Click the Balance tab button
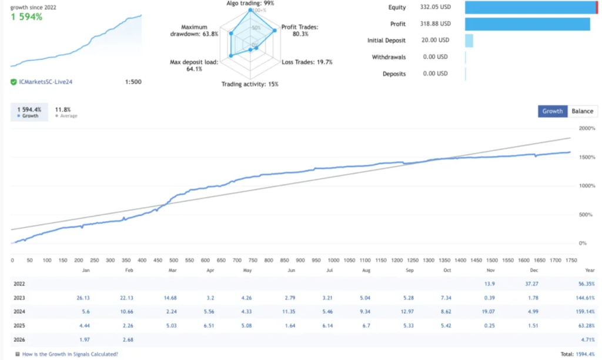(583, 111)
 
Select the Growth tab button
(552, 111)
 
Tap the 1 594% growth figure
(26, 16)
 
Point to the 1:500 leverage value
(133, 82)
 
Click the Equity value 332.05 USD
(436, 7)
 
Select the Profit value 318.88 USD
(436, 24)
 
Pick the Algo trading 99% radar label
(250, 4)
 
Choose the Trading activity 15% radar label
(250, 84)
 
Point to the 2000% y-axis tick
(587, 128)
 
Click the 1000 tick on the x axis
(333, 260)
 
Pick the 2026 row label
(19, 339)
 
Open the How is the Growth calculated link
(69, 354)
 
